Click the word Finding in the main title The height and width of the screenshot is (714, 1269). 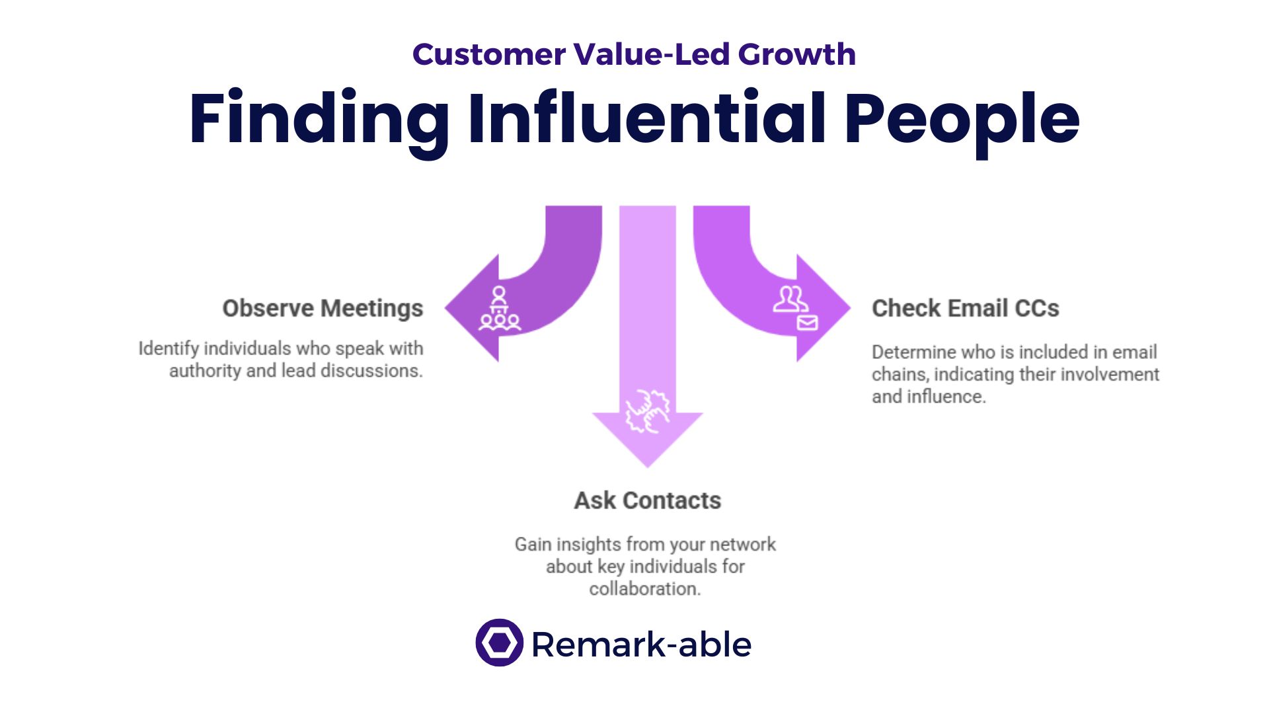319,119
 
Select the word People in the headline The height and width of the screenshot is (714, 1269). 962,119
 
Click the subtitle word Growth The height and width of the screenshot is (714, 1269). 796,54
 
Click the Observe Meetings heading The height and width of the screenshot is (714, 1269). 323,308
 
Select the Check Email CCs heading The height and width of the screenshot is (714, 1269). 965,308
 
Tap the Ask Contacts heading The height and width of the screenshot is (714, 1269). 647,500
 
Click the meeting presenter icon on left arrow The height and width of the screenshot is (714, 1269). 500,308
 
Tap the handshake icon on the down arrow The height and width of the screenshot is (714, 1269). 647,411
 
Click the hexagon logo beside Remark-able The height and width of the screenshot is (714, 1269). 499,643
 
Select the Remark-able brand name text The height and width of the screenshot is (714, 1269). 641,645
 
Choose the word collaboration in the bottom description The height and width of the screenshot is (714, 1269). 644,588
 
